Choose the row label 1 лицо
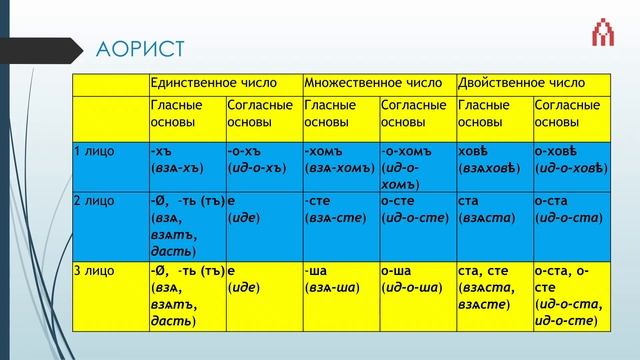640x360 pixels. point(96,151)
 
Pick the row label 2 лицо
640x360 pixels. point(96,200)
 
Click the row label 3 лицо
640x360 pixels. point(96,270)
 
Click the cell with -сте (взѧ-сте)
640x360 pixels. point(338,209)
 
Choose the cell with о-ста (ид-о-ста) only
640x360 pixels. point(570,209)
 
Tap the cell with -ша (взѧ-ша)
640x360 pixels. point(338,279)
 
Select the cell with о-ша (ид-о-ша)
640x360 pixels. point(414,279)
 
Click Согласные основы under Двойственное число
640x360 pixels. point(570,112)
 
